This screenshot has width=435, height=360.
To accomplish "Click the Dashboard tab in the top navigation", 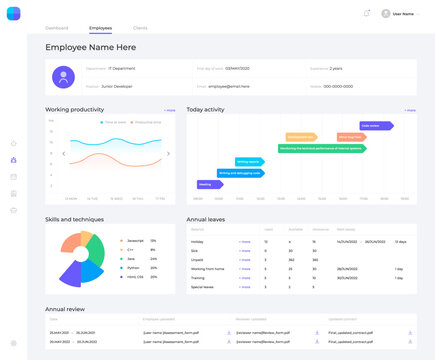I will pos(57,27).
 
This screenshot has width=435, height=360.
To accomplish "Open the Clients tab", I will pos(140,27).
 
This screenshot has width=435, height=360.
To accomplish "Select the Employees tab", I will pos(100,27).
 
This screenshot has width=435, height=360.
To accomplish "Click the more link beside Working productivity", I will pos(170,109).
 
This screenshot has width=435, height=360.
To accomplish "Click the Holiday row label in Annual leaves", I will pos(198,242).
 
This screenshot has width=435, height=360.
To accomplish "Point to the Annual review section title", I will pos(66,309).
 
